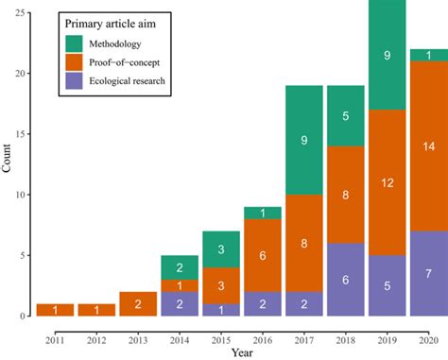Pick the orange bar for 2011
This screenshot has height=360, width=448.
(x=55, y=310)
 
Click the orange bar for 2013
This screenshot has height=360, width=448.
(x=138, y=304)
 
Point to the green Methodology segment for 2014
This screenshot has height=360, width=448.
(x=180, y=267)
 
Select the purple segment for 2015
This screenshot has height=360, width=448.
(x=221, y=310)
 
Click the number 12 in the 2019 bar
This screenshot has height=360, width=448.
(x=387, y=182)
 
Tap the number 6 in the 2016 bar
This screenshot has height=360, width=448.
(x=263, y=255)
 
